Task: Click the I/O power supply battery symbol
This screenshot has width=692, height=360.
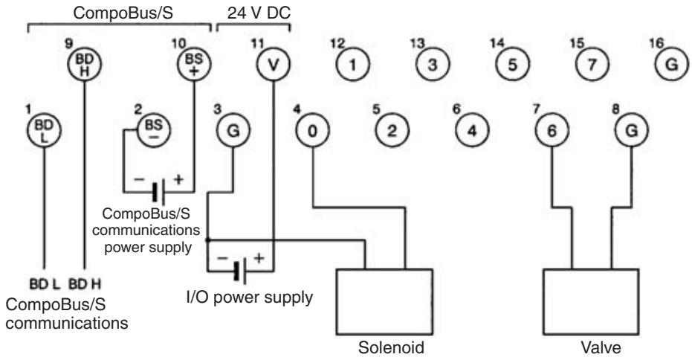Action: tap(241, 271)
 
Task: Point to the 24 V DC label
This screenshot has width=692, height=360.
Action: tap(259, 13)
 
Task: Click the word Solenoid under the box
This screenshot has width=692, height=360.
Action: tap(391, 347)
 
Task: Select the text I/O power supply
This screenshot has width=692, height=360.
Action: tap(250, 298)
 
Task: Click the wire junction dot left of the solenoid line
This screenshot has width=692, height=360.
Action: tap(207, 240)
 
